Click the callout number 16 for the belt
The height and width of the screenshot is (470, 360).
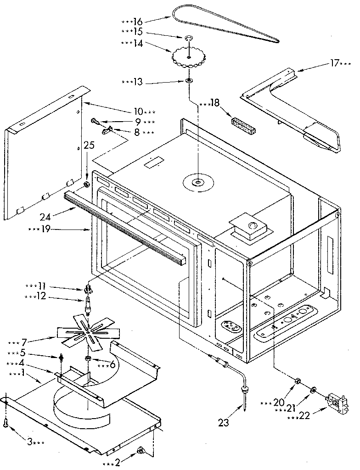pyautogui.click(x=139, y=21)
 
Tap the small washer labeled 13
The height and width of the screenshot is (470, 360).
pyautogui.click(x=189, y=81)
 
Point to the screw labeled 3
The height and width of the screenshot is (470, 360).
pyautogui.click(x=6, y=425)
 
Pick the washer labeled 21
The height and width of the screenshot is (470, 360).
pyautogui.click(x=313, y=390)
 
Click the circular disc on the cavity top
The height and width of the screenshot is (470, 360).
pyautogui.click(x=198, y=183)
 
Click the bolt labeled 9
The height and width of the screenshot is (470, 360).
pyautogui.click(x=95, y=121)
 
